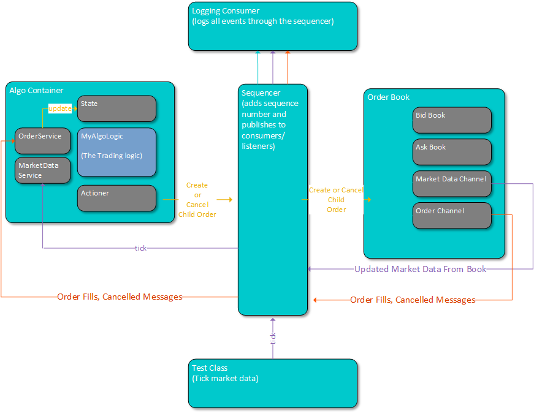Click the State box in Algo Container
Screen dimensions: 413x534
(x=116, y=108)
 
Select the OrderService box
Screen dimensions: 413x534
(x=42, y=140)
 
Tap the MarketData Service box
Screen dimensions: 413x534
(x=42, y=170)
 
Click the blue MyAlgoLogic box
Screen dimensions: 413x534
(x=116, y=152)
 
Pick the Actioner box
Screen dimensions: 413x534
(x=116, y=198)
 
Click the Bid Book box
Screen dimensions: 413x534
(x=452, y=120)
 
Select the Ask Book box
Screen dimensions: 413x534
(x=452, y=152)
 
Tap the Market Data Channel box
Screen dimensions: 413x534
(x=452, y=184)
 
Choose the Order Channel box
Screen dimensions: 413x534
(x=452, y=215)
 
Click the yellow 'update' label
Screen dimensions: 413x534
(x=60, y=108)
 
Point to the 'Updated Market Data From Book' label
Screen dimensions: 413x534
(x=420, y=269)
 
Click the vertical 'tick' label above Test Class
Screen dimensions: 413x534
(x=273, y=338)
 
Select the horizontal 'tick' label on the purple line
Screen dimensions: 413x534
(x=140, y=248)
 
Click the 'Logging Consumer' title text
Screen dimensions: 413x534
(x=226, y=11)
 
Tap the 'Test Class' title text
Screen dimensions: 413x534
(x=210, y=368)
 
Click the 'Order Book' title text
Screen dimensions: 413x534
(x=388, y=97)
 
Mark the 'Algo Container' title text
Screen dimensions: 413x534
(x=36, y=91)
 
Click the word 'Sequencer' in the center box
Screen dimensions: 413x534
(x=261, y=93)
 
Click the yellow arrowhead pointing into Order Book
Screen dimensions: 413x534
(x=368, y=199)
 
